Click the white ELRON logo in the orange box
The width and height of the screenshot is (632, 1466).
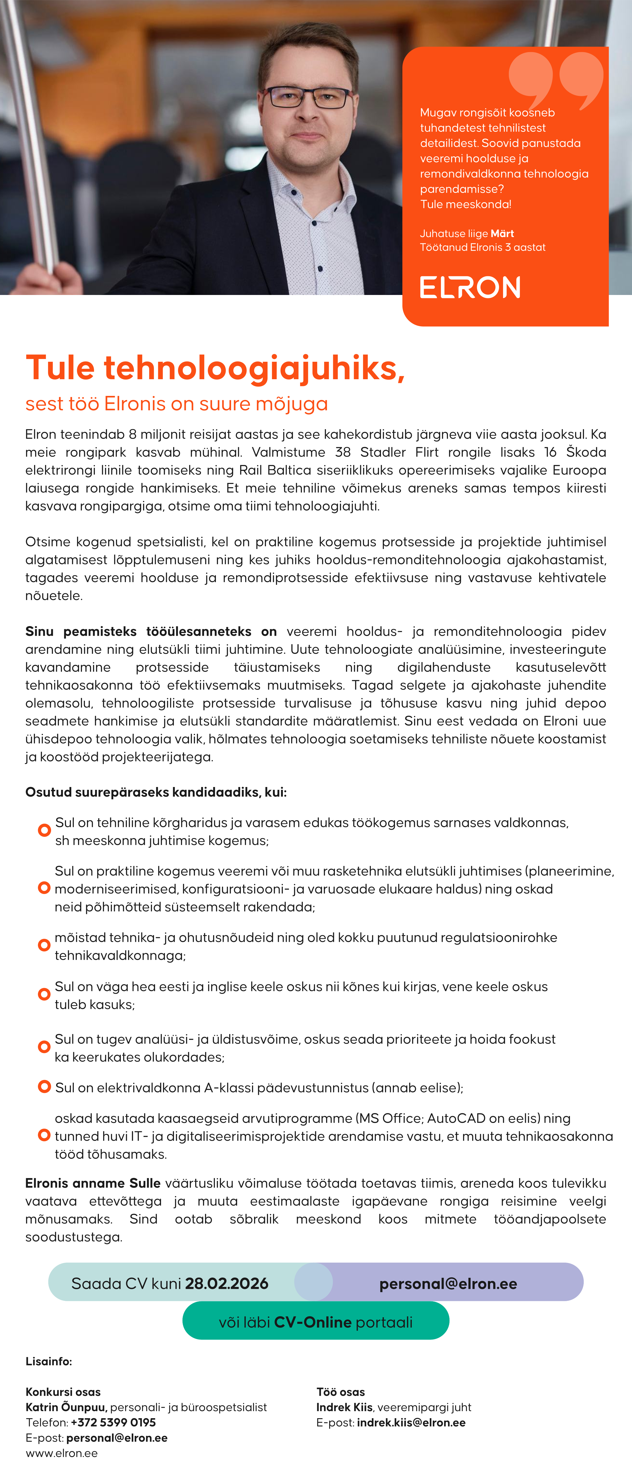coord(470,287)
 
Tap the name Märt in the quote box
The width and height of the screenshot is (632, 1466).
coord(502,233)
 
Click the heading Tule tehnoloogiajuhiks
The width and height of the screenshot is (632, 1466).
coord(215,368)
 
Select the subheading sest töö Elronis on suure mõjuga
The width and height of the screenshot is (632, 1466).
coord(176,403)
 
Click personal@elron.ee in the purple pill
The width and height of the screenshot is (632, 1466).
coord(448,1284)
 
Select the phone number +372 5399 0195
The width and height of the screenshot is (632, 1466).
coord(113,1422)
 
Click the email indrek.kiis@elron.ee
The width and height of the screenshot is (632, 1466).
coord(411,1422)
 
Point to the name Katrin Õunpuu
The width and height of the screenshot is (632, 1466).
coord(66,1407)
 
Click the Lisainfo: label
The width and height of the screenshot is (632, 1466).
coord(49,1361)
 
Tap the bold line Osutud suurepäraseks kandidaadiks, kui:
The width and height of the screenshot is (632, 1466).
coord(156,792)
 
